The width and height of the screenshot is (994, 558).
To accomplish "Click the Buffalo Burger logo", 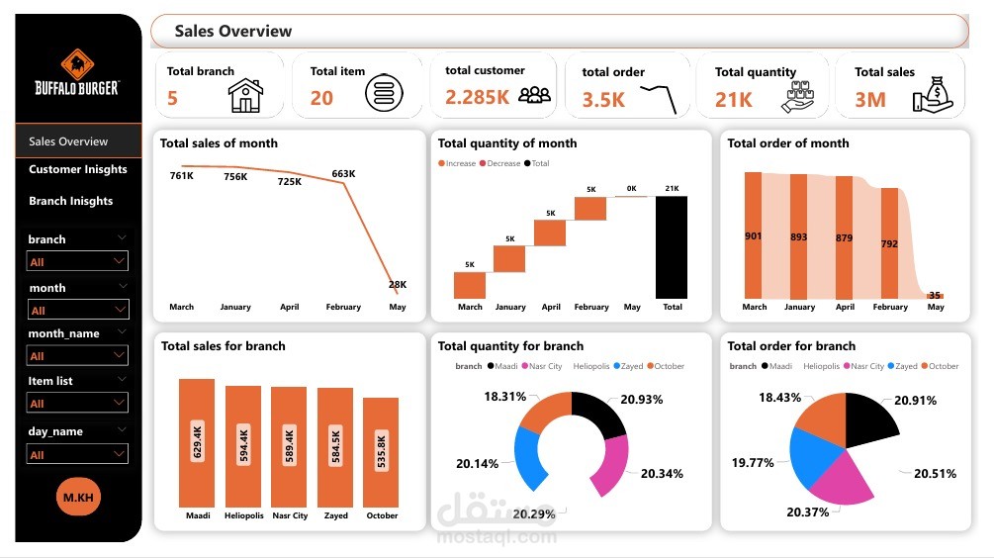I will coord(77,73).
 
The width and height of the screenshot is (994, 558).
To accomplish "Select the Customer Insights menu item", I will coord(78,169).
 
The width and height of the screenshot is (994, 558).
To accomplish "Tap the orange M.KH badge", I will coord(78,497).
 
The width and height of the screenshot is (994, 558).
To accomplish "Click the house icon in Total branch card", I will coord(245,96).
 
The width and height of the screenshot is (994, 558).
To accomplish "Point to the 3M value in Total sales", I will coord(870,99).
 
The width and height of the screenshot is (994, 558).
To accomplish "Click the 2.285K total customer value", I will coord(477,97).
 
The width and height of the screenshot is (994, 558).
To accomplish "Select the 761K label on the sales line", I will coord(181,176).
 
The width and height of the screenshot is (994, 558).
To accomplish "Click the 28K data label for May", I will coord(397,285).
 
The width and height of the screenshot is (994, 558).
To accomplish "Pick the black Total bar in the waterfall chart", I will coord(672,246).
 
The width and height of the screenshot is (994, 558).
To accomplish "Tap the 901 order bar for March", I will coord(754,235).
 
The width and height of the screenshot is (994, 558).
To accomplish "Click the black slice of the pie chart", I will coord(866,416).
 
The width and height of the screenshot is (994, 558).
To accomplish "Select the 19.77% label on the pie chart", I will coord(754,462).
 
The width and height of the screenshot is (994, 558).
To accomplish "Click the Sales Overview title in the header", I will coord(233,32).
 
